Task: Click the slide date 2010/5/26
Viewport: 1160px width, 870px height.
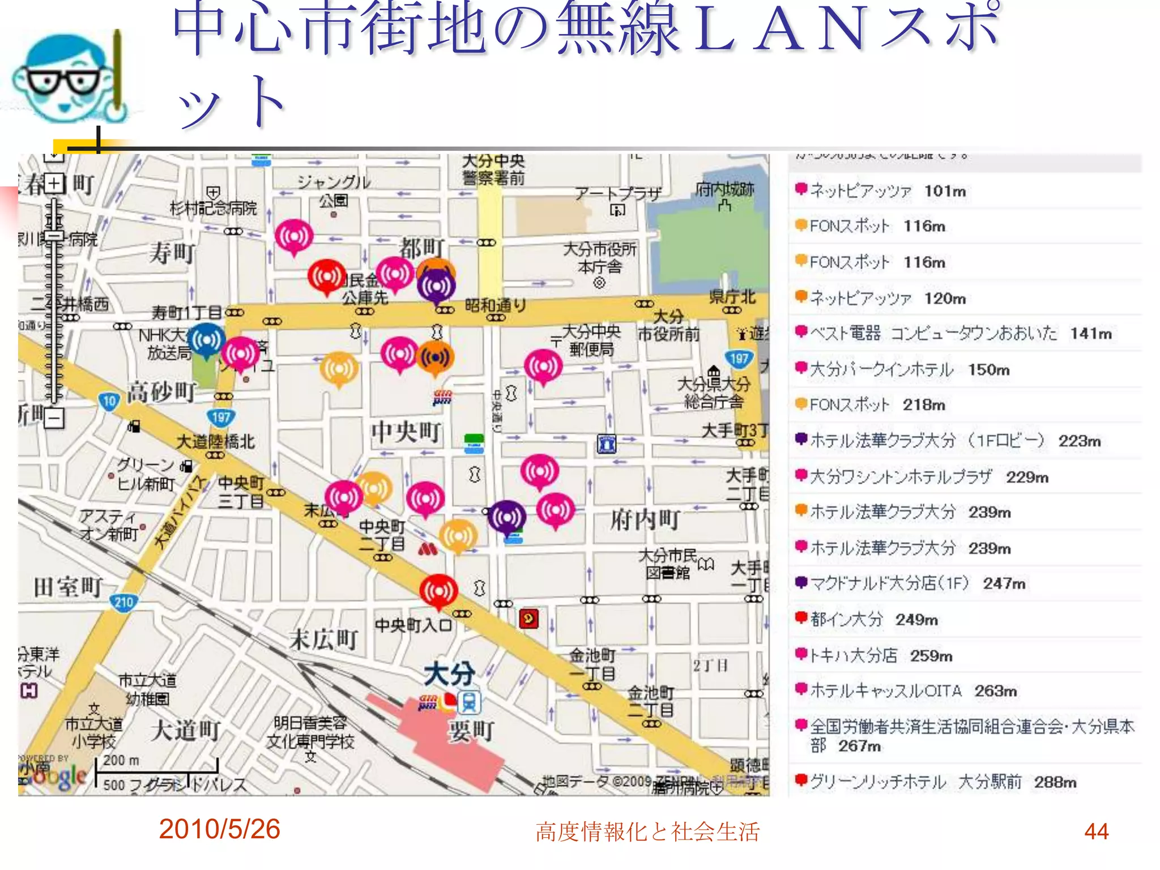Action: pyautogui.click(x=219, y=829)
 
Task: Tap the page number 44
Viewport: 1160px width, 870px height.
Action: pyautogui.click(x=1096, y=831)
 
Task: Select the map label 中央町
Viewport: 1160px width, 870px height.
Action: pyautogui.click(x=406, y=432)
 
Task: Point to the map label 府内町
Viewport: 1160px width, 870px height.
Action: pyautogui.click(x=645, y=519)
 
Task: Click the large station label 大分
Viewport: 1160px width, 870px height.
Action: pyautogui.click(x=450, y=674)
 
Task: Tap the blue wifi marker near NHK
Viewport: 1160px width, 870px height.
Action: pyautogui.click(x=206, y=340)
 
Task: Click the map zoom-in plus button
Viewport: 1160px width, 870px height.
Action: pyautogui.click(x=54, y=184)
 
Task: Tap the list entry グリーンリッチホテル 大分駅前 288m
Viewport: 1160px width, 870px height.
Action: pyautogui.click(x=942, y=782)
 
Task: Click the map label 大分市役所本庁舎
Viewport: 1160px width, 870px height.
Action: pyautogui.click(x=600, y=258)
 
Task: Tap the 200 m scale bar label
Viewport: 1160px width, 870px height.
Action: pyautogui.click(x=121, y=760)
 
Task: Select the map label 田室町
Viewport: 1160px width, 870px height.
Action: pyautogui.click(x=68, y=587)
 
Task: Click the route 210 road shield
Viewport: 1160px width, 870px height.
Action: pyautogui.click(x=123, y=602)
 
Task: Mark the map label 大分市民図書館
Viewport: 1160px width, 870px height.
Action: pyautogui.click(x=668, y=564)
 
